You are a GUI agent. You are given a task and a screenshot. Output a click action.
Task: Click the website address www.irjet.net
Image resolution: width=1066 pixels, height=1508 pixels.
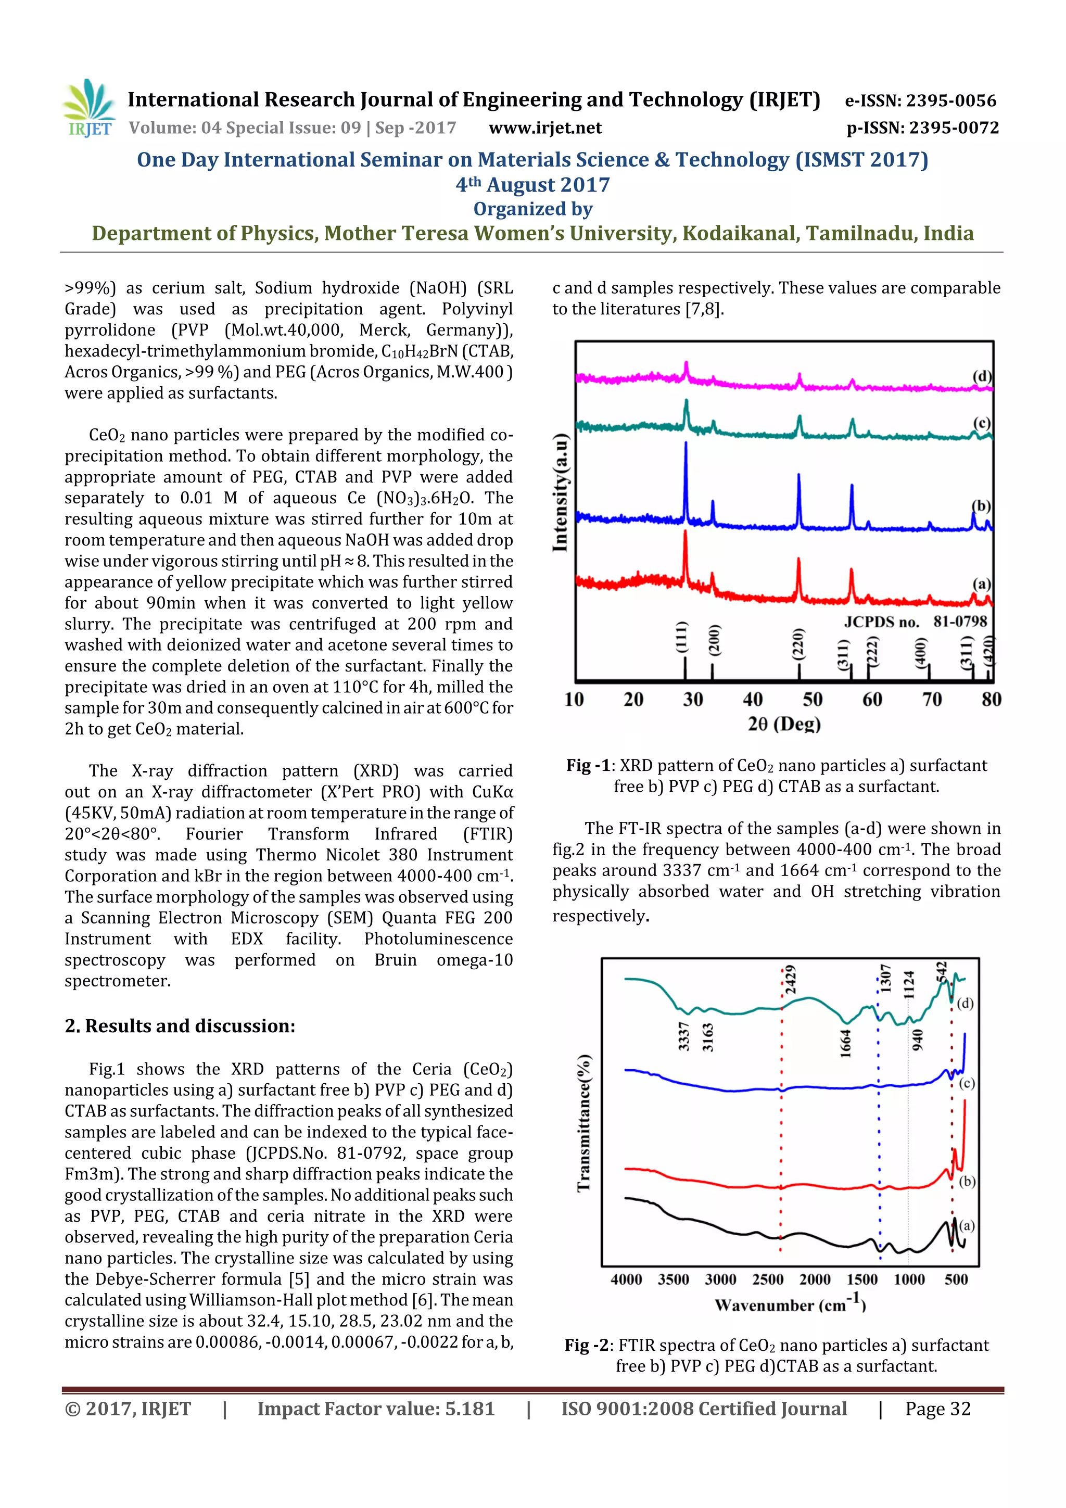(545, 128)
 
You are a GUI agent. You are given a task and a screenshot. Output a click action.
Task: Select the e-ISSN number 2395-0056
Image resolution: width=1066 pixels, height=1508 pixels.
(951, 100)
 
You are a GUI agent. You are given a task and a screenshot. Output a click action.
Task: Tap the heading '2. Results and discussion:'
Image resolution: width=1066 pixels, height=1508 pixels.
(180, 1026)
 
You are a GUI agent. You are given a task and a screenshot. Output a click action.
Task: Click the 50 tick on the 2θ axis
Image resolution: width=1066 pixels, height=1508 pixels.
(813, 700)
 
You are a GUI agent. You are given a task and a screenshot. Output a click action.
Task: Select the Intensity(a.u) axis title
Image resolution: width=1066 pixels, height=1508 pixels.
(560, 492)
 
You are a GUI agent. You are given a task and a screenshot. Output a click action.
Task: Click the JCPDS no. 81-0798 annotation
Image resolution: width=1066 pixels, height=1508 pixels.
(915, 622)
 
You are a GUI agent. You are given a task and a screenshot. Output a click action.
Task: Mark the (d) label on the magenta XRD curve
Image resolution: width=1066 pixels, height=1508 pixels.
(981, 376)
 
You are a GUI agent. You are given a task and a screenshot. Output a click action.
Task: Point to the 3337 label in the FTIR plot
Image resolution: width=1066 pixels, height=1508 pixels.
(684, 1036)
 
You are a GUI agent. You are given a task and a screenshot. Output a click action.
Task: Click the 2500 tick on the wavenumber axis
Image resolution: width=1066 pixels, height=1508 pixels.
(768, 1279)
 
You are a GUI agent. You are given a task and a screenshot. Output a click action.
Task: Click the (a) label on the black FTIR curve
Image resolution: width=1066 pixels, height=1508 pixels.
(966, 1225)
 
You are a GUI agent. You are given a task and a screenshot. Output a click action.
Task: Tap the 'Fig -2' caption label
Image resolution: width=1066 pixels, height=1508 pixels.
(587, 1345)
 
